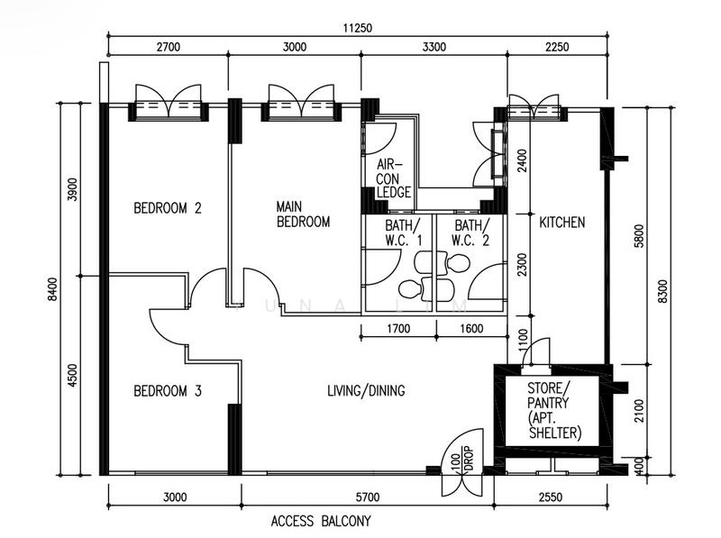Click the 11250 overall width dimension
coord(357,28)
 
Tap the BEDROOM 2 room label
coord(168,208)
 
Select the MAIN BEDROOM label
coord(303,214)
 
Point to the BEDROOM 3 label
coord(168,391)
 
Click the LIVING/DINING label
coord(366,391)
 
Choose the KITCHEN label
coord(561,223)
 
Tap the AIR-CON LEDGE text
coord(393,178)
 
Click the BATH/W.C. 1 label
coord(403,233)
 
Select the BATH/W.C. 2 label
coord(471,233)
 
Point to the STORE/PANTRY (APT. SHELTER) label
coord(554,410)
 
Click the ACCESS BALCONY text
coord(321,521)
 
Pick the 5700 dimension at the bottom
coord(368,497)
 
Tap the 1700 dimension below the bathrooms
coord(398,329)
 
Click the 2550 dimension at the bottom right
coord(550,497)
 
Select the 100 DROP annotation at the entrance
coord(461,459)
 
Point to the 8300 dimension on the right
coord(662,290)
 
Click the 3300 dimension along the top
coord(434,47)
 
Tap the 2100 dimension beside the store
coord(639,411)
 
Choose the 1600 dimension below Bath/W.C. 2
coord(471,329)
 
